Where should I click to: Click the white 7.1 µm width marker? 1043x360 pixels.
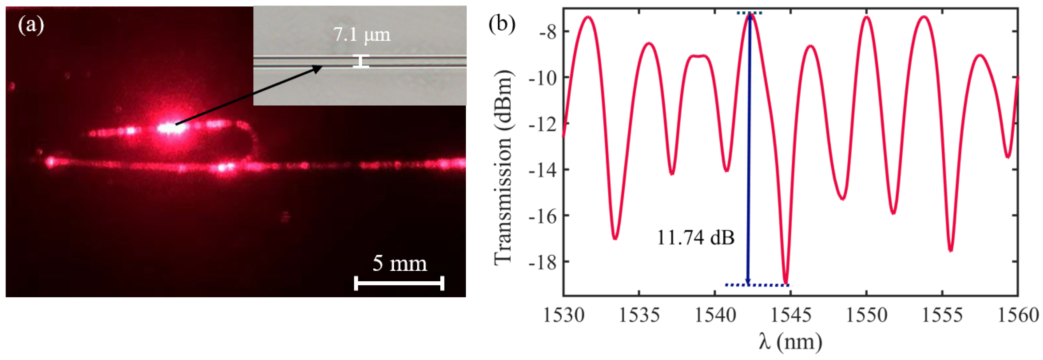(x=361, y=61)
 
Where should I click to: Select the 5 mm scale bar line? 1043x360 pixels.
(x=399, y=283)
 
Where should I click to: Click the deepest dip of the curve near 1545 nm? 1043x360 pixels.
(x=786, y=282)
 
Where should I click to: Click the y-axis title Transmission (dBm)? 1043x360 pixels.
(x=503, y=168)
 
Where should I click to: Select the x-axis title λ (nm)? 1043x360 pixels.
(x=790, y=342)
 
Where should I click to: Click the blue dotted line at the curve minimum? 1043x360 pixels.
(x=757, y=285)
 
